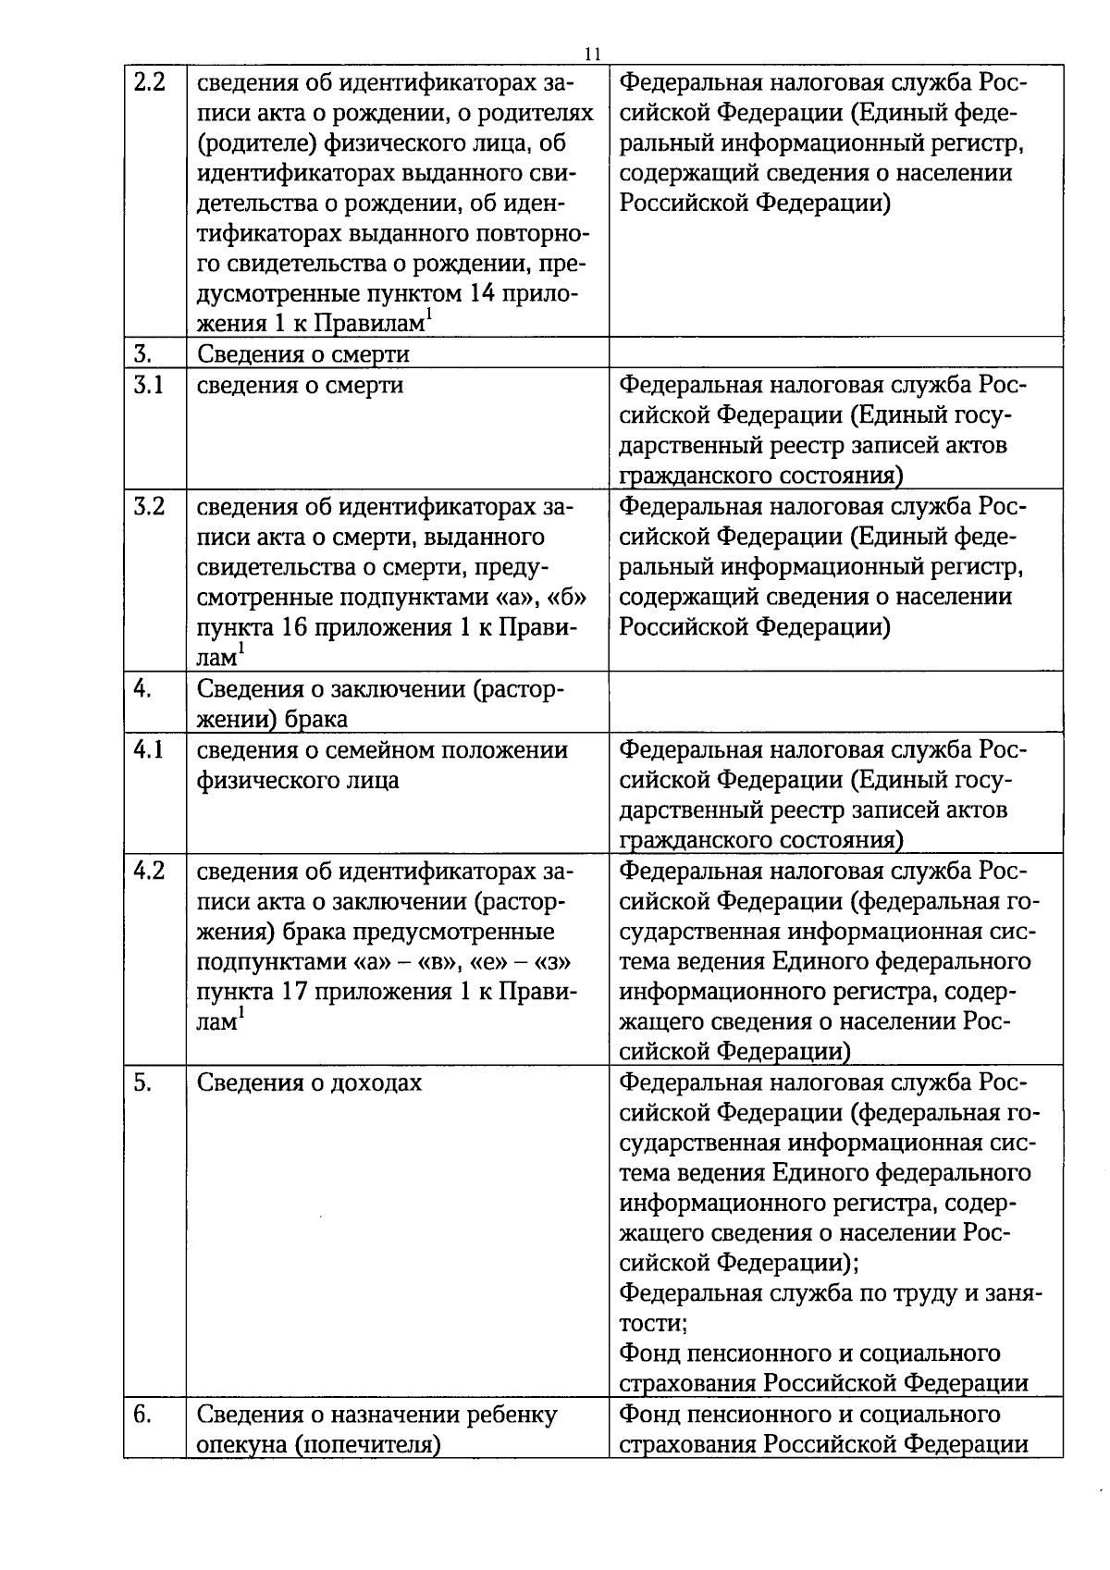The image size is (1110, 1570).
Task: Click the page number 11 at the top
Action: [593, 54]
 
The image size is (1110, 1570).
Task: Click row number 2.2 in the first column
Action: [150, 82]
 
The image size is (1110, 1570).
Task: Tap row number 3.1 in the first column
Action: [149, 385]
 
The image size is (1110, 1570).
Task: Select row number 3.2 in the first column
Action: [150, 507]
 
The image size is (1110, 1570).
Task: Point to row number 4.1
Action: [149, 749]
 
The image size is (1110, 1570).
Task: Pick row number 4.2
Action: [150, 872]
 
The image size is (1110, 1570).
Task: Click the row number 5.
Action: [143, 1082]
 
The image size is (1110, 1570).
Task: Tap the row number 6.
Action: [143, 1415]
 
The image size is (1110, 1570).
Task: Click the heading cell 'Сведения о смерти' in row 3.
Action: [303, 354]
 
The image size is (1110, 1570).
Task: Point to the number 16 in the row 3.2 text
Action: [293, 627]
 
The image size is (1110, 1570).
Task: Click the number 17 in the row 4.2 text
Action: [293, 993]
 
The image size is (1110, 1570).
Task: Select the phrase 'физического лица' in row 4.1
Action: [298, 780]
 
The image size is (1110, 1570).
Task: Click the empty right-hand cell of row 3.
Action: [835, 352]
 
